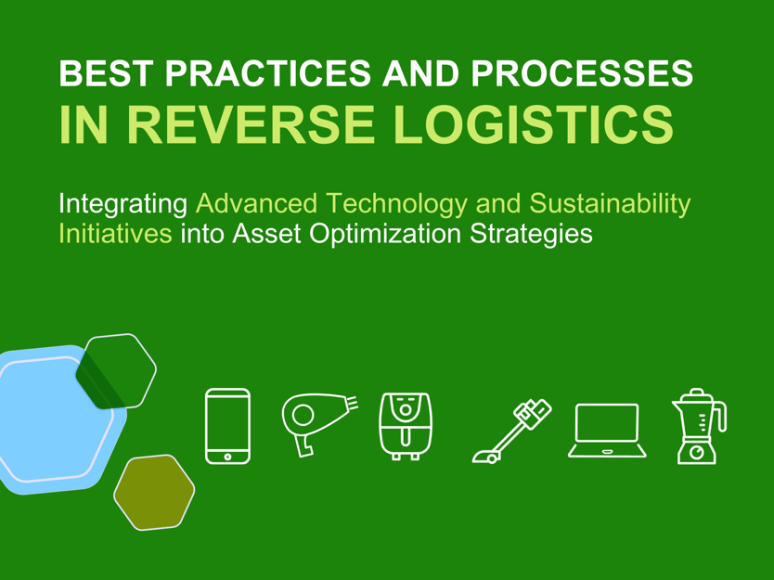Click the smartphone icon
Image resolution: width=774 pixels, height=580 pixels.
tap(227, 425)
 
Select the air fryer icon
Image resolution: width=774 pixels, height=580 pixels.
tap(406, 425)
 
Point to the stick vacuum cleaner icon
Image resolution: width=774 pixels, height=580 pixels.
tap(511, 430)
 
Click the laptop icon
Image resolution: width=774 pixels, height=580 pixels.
tap(607, 430)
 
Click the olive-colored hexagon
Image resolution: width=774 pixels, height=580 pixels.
tap(154, 492)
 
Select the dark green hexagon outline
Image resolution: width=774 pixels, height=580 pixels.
tap(117, 371)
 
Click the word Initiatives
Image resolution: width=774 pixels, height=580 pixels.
tap(115, 234)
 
